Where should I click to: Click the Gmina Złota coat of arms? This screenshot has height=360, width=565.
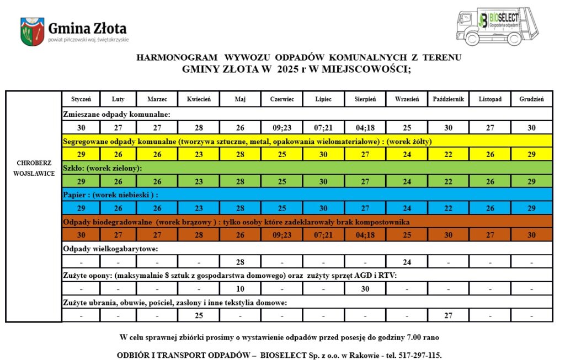click(31, 32)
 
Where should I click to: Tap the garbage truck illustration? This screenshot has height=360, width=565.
click(489, 27)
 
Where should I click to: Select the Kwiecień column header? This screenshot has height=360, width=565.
click(199, 99)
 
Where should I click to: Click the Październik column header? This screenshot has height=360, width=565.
click(449, 99)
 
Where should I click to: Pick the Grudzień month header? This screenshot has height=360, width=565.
click(531, 99)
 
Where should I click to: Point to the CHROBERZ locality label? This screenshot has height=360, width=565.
click(34, 163)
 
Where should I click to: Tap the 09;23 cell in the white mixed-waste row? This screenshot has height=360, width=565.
click(282, 127)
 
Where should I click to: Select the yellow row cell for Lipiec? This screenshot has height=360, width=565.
click(323, 154)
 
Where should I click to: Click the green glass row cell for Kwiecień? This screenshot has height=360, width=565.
click(199, 181)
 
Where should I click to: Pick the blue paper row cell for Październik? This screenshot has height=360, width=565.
click(449, 208)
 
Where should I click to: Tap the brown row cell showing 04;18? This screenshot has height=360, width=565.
click(365, 234)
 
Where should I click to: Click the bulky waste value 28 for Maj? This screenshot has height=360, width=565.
click(240, 261)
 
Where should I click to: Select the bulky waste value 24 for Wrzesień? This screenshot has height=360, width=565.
click(407, 261)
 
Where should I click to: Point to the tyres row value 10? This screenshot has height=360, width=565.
click(240, 288)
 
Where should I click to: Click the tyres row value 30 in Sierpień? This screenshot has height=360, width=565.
click(365, 288)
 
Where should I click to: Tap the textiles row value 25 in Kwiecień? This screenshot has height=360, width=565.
click(199, 315)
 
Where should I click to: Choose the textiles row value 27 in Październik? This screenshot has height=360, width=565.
click(449, 315)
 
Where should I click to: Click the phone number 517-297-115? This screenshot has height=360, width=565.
click(421, 355)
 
